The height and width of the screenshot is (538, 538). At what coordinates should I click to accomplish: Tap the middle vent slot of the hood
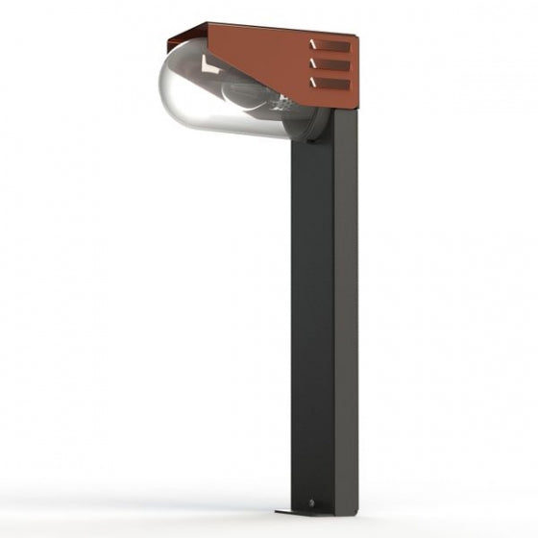tap(331, 65)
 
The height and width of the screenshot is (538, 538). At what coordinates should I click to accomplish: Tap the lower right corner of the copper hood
tap(356, 105)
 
